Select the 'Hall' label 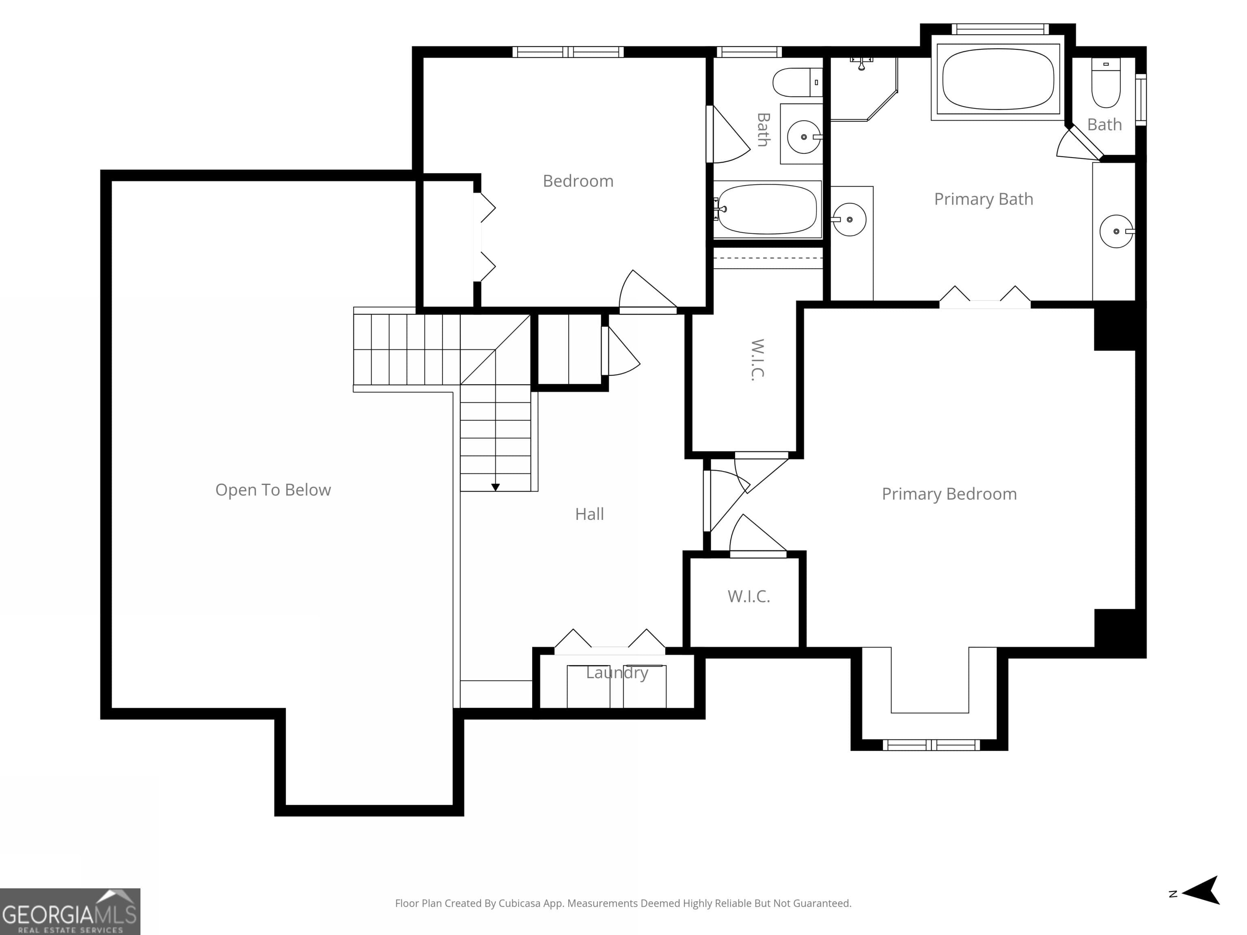coord(589,514)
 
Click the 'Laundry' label coord(617,672)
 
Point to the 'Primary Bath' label coord(983,199)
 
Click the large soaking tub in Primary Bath coord(997,79)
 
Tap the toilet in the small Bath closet coord(1105,84)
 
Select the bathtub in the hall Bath coord(767,209)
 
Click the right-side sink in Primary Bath coord(1115,231)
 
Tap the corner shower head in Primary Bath coord(861,63)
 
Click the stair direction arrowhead coord(496,487)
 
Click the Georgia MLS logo coord(70,911)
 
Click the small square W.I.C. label coord(748,596)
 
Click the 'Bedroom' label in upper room coord(578,181)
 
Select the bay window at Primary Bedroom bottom coord(931,745)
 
